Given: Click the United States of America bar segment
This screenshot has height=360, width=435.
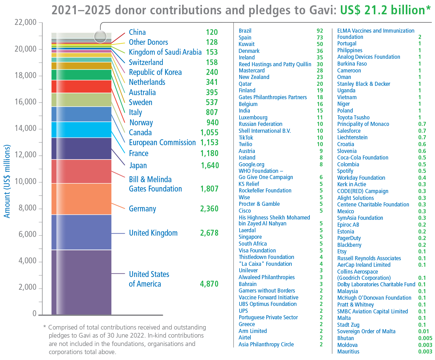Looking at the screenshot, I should pyautogui.click(x=81, y=282).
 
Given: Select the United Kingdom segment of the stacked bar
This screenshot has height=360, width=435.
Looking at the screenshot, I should pyautogui.click(x=81, y=232).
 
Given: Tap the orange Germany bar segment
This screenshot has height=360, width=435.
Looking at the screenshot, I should pyautogui.click(x=81, y=199).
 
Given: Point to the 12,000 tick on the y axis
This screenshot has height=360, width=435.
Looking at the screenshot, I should pyautogui.click(x=25, y=155).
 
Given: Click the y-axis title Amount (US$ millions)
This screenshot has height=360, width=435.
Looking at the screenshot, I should pyautogui.click(x=7, y=181).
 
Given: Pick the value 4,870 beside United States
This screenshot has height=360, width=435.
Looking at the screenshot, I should pyautogui.click(x=209, y=284).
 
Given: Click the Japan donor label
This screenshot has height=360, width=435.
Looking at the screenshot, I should pyautogui.click(x=138, y=165).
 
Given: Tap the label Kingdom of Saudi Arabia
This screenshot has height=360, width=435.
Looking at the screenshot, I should pyautogui.click(x=165, y=52).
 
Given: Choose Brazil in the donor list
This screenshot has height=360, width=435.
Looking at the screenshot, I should pyautogui.click(x=245, y=31).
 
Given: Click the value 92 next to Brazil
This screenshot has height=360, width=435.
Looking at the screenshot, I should pyautogui.click(x=320, y=31).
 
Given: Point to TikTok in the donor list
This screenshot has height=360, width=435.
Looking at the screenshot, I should pyautogui.click(x=246, y=138).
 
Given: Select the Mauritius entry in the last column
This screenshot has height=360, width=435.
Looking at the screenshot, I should pyautogui.click(x=348, y=352).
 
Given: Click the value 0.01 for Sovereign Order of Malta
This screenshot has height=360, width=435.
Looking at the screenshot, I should pyautogui.click(x=424, y=331).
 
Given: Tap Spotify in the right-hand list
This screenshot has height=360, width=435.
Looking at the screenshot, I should pyautogui.click(x=345, y=171).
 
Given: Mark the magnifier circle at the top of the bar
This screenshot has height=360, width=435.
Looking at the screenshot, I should pyautogui.click(x=100, y=37).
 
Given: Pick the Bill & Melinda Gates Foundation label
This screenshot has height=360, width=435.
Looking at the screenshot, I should pyautogui.click(x=155, y=184).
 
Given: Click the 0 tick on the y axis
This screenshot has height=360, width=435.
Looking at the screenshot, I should pyautogui.click(x=34, y=314).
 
